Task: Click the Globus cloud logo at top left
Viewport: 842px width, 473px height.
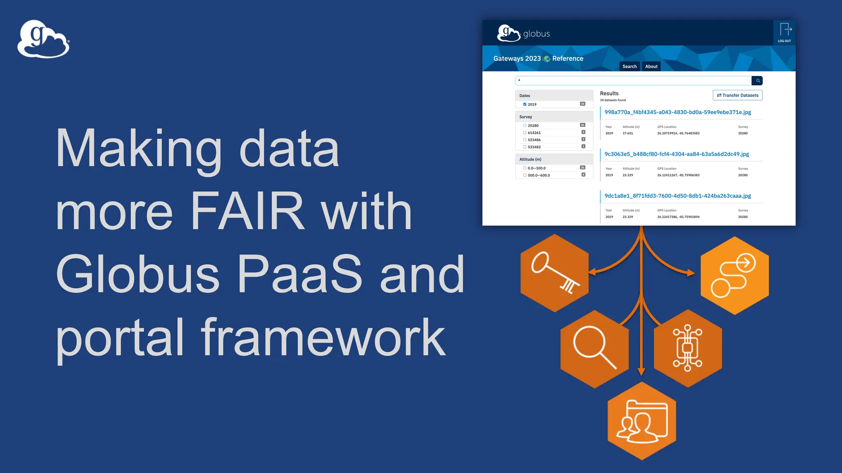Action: [43, 39]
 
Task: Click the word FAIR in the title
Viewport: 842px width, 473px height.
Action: [248, 211]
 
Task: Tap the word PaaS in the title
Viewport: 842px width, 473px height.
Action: [299, 274]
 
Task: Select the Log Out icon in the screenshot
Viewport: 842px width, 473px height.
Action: [785, 32]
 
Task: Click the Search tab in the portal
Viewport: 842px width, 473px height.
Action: [629, 67]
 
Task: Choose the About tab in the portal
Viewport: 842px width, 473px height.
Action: [651, 67]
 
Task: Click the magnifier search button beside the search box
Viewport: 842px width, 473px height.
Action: [757, 80]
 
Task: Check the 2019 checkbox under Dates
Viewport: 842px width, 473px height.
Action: [525, 104]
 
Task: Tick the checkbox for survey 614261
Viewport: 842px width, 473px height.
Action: [525, 133]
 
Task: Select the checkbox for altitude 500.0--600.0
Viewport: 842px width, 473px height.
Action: [525, 175]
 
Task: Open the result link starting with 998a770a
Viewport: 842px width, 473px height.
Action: [678, 112]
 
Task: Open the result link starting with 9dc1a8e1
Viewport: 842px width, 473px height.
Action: [678, 196]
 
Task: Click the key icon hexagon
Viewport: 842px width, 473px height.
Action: [555, 273]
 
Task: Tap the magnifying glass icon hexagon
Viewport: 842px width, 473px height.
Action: [594, 349]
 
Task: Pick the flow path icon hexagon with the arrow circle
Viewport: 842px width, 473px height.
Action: [735, 275]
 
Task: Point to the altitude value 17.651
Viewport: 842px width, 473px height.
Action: [628, 133]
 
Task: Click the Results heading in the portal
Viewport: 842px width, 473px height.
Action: [609, 94]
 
